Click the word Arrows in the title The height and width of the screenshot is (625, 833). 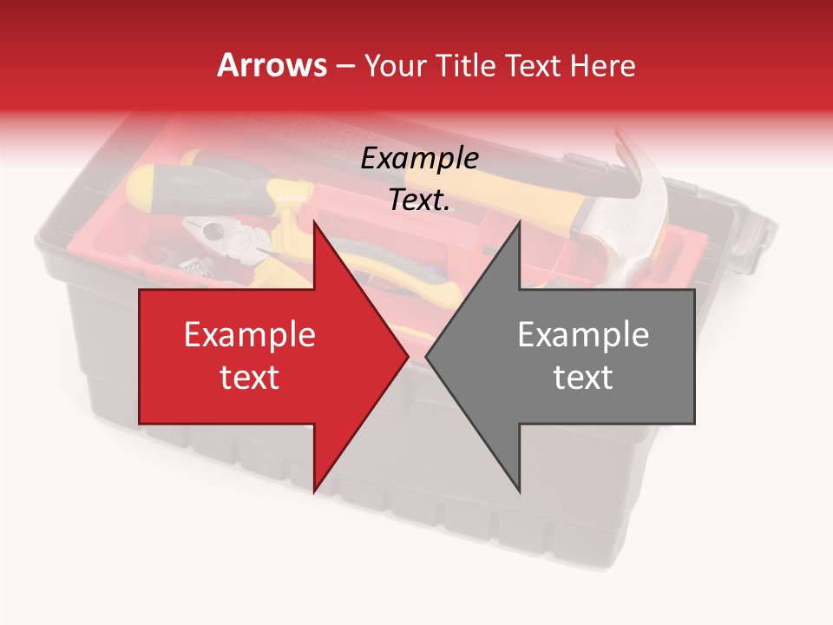272,65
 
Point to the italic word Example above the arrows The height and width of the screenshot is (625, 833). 420,158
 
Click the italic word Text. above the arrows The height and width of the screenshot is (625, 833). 420,200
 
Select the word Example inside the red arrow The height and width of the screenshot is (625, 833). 250,334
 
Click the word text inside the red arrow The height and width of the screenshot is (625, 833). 250,378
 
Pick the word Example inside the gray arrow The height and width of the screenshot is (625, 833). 583,334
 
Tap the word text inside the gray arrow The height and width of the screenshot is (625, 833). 583,378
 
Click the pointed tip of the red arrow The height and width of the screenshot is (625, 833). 408,356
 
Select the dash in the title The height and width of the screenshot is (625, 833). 344,65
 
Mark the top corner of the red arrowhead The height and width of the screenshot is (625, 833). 313,221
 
